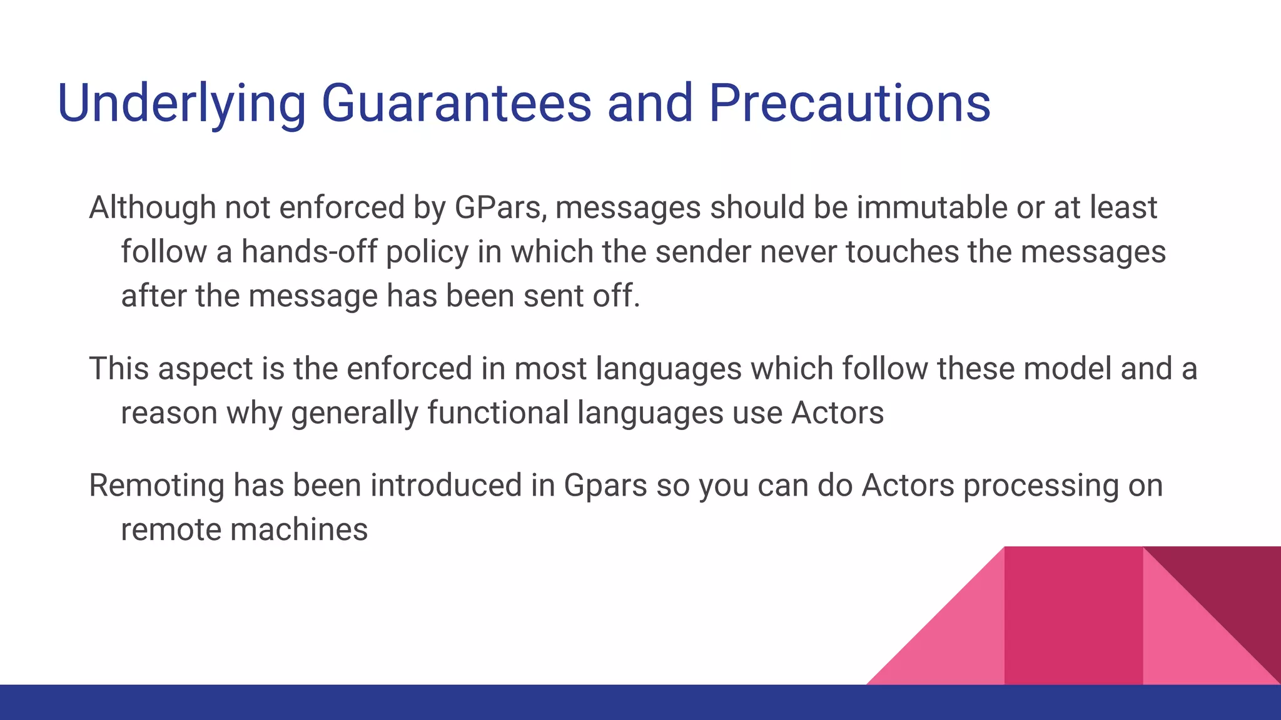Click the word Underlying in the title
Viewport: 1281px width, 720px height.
(x=181, y=104)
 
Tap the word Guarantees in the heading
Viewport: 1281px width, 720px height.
(x=456, y=102)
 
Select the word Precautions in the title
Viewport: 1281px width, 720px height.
(x=849, y=102)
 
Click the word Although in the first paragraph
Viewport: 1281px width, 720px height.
(x=152, y=207)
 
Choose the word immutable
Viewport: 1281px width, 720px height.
(x=931, y=207)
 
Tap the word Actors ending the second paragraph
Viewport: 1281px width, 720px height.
(x=838, y=413)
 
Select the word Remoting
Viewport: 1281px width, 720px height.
(x=156, y=486)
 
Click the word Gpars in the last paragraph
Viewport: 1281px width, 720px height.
(x=605, y=486)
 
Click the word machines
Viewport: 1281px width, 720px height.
(x=299, y=530)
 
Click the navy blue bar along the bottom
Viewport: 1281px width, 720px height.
(x=640, y=702)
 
